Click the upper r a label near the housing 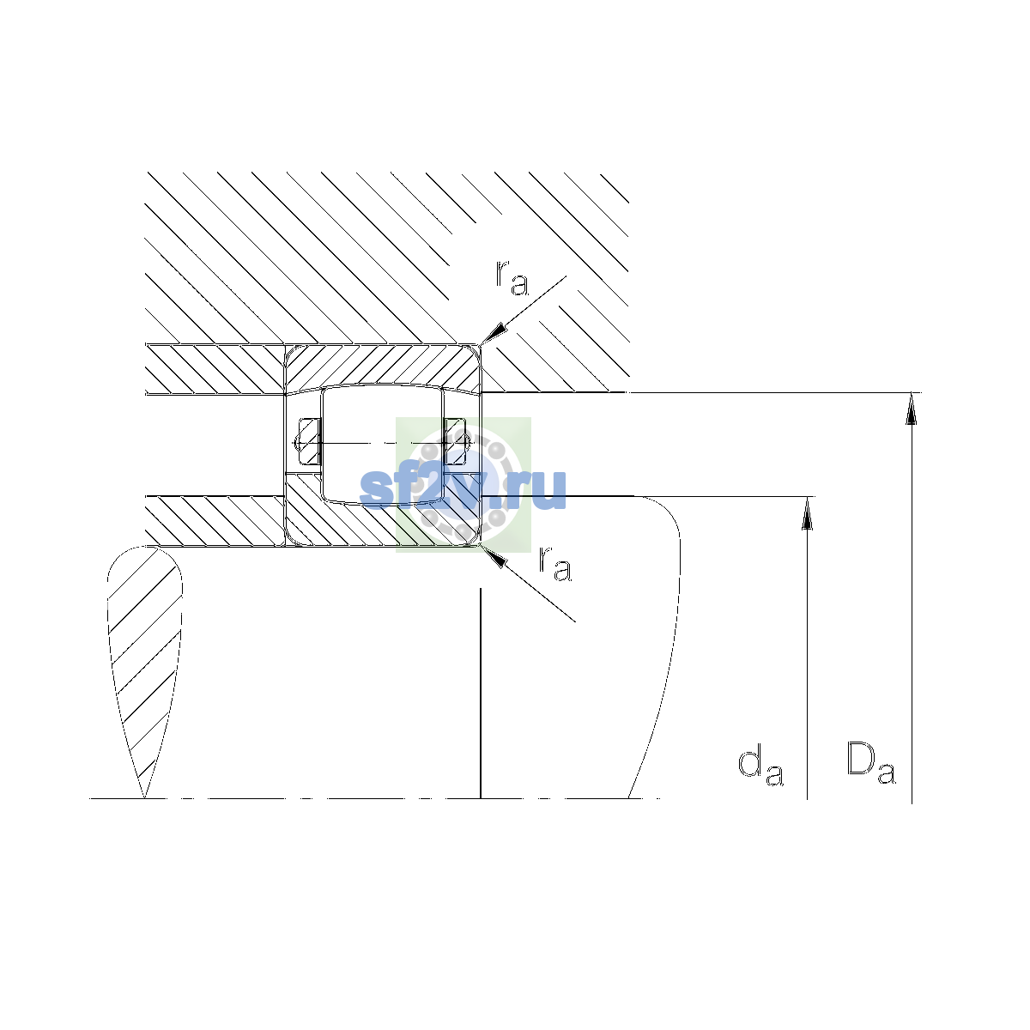pos(512,277)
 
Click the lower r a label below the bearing pos(554,563)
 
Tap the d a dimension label pos(760,766)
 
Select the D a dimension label pos(870,763)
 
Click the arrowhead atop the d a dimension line pos(807,513)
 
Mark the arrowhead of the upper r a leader pos(492,333)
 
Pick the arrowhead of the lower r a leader pos(493,556)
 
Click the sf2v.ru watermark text pos(463,488)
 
